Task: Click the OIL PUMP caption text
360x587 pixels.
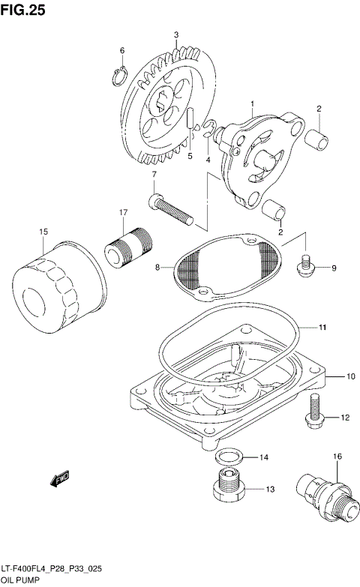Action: coord(21,580)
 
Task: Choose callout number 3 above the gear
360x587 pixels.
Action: coord(176,34)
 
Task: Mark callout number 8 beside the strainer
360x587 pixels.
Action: coord(157,266)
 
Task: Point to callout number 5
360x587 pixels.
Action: coord(190,156)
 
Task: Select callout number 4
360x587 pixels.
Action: coord(208,159)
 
